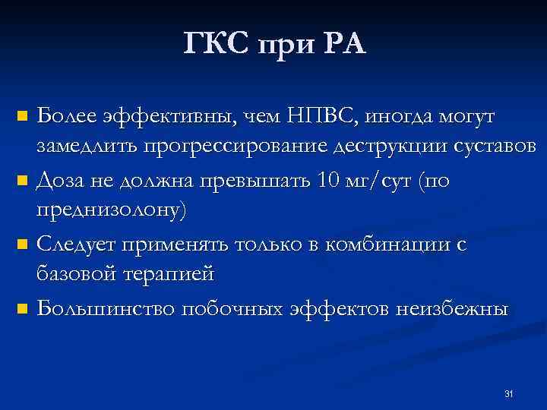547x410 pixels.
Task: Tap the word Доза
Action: pos(60,181)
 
